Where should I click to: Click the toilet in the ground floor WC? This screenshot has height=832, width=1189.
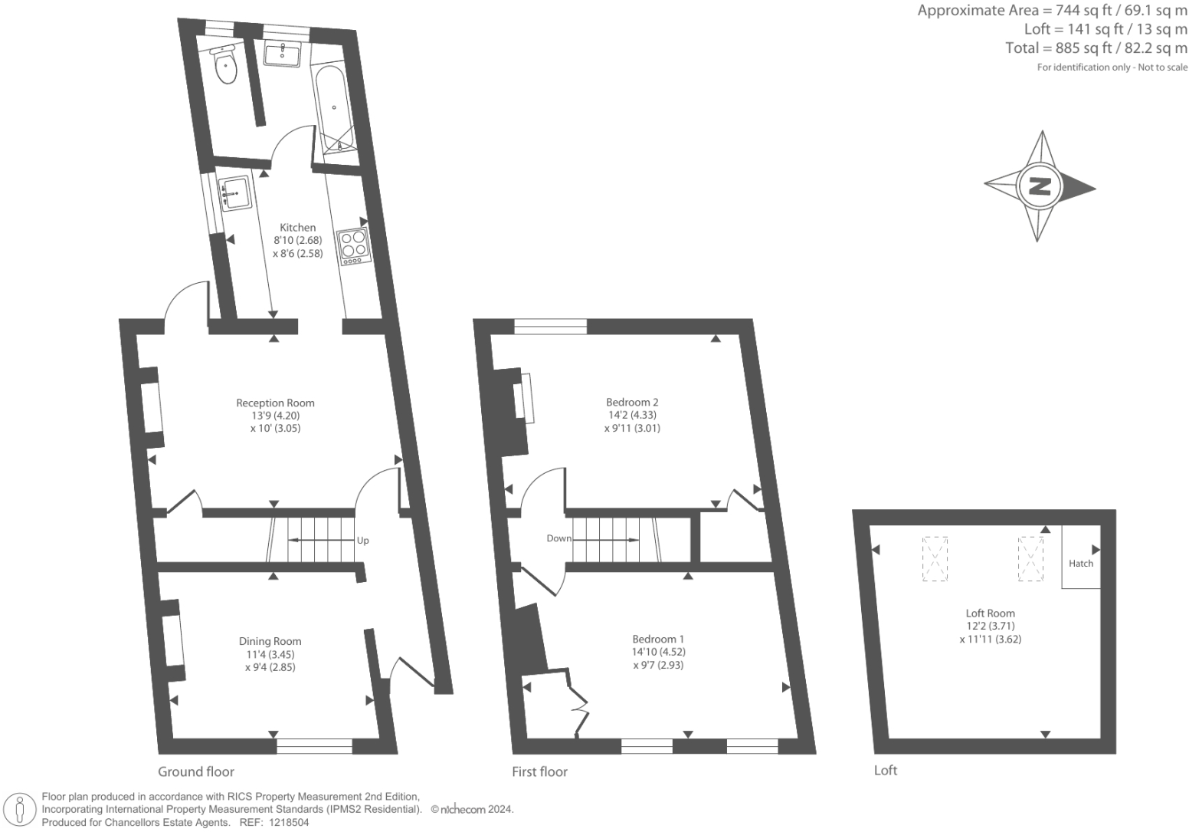tap(227, 66)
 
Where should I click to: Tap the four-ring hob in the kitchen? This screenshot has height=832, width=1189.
tap(354, 245)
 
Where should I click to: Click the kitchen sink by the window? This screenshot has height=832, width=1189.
tap(234, 193)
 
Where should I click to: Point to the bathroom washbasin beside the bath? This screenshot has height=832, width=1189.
tap(283, 54)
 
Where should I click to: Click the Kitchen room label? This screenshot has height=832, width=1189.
tap(297, 228)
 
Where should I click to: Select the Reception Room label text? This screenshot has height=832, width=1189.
tap(275, 403)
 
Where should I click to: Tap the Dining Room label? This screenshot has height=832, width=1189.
tap(270, 642)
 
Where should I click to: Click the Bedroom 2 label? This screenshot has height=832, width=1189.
tap(632, 403)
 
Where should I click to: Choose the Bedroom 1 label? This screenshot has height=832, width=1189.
tap(658, 640)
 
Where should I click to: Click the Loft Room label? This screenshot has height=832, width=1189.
tap(990, 613)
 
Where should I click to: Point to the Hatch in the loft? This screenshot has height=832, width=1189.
tap(1081, 564)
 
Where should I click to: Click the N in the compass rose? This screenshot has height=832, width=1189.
tap(1040, 186)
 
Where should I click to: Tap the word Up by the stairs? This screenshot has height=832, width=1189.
tap(363, 541)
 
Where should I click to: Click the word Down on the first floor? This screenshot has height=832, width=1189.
tap(558, 538)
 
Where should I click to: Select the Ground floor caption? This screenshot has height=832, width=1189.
tap(196, 771)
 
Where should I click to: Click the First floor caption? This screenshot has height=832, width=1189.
tap(540, 771)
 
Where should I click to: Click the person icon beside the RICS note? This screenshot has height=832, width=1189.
tap(21, 810)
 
